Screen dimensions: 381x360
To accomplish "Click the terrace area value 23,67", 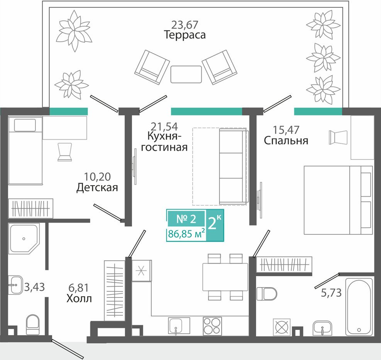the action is tap(185, 25).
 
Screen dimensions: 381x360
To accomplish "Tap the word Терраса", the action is tap(185, 35).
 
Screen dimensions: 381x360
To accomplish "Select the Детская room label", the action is tap(97, 188).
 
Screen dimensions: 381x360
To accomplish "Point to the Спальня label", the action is tap(286, 141).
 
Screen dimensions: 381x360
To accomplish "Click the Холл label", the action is tap(79, 299).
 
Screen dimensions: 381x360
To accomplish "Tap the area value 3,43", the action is tap(34, 287).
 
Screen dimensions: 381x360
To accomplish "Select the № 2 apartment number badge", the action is tap(186, 219).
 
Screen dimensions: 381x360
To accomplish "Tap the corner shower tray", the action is tap(24, 239).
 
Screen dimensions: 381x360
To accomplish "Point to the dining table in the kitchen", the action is tap(225, 277).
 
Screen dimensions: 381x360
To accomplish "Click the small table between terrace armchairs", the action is tap(186, 74).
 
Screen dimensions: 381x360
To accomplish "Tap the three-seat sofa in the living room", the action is tap(233, 166).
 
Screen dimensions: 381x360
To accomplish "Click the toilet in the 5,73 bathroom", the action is tap(267, 294).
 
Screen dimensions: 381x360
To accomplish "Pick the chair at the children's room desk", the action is tap(64, 152).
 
